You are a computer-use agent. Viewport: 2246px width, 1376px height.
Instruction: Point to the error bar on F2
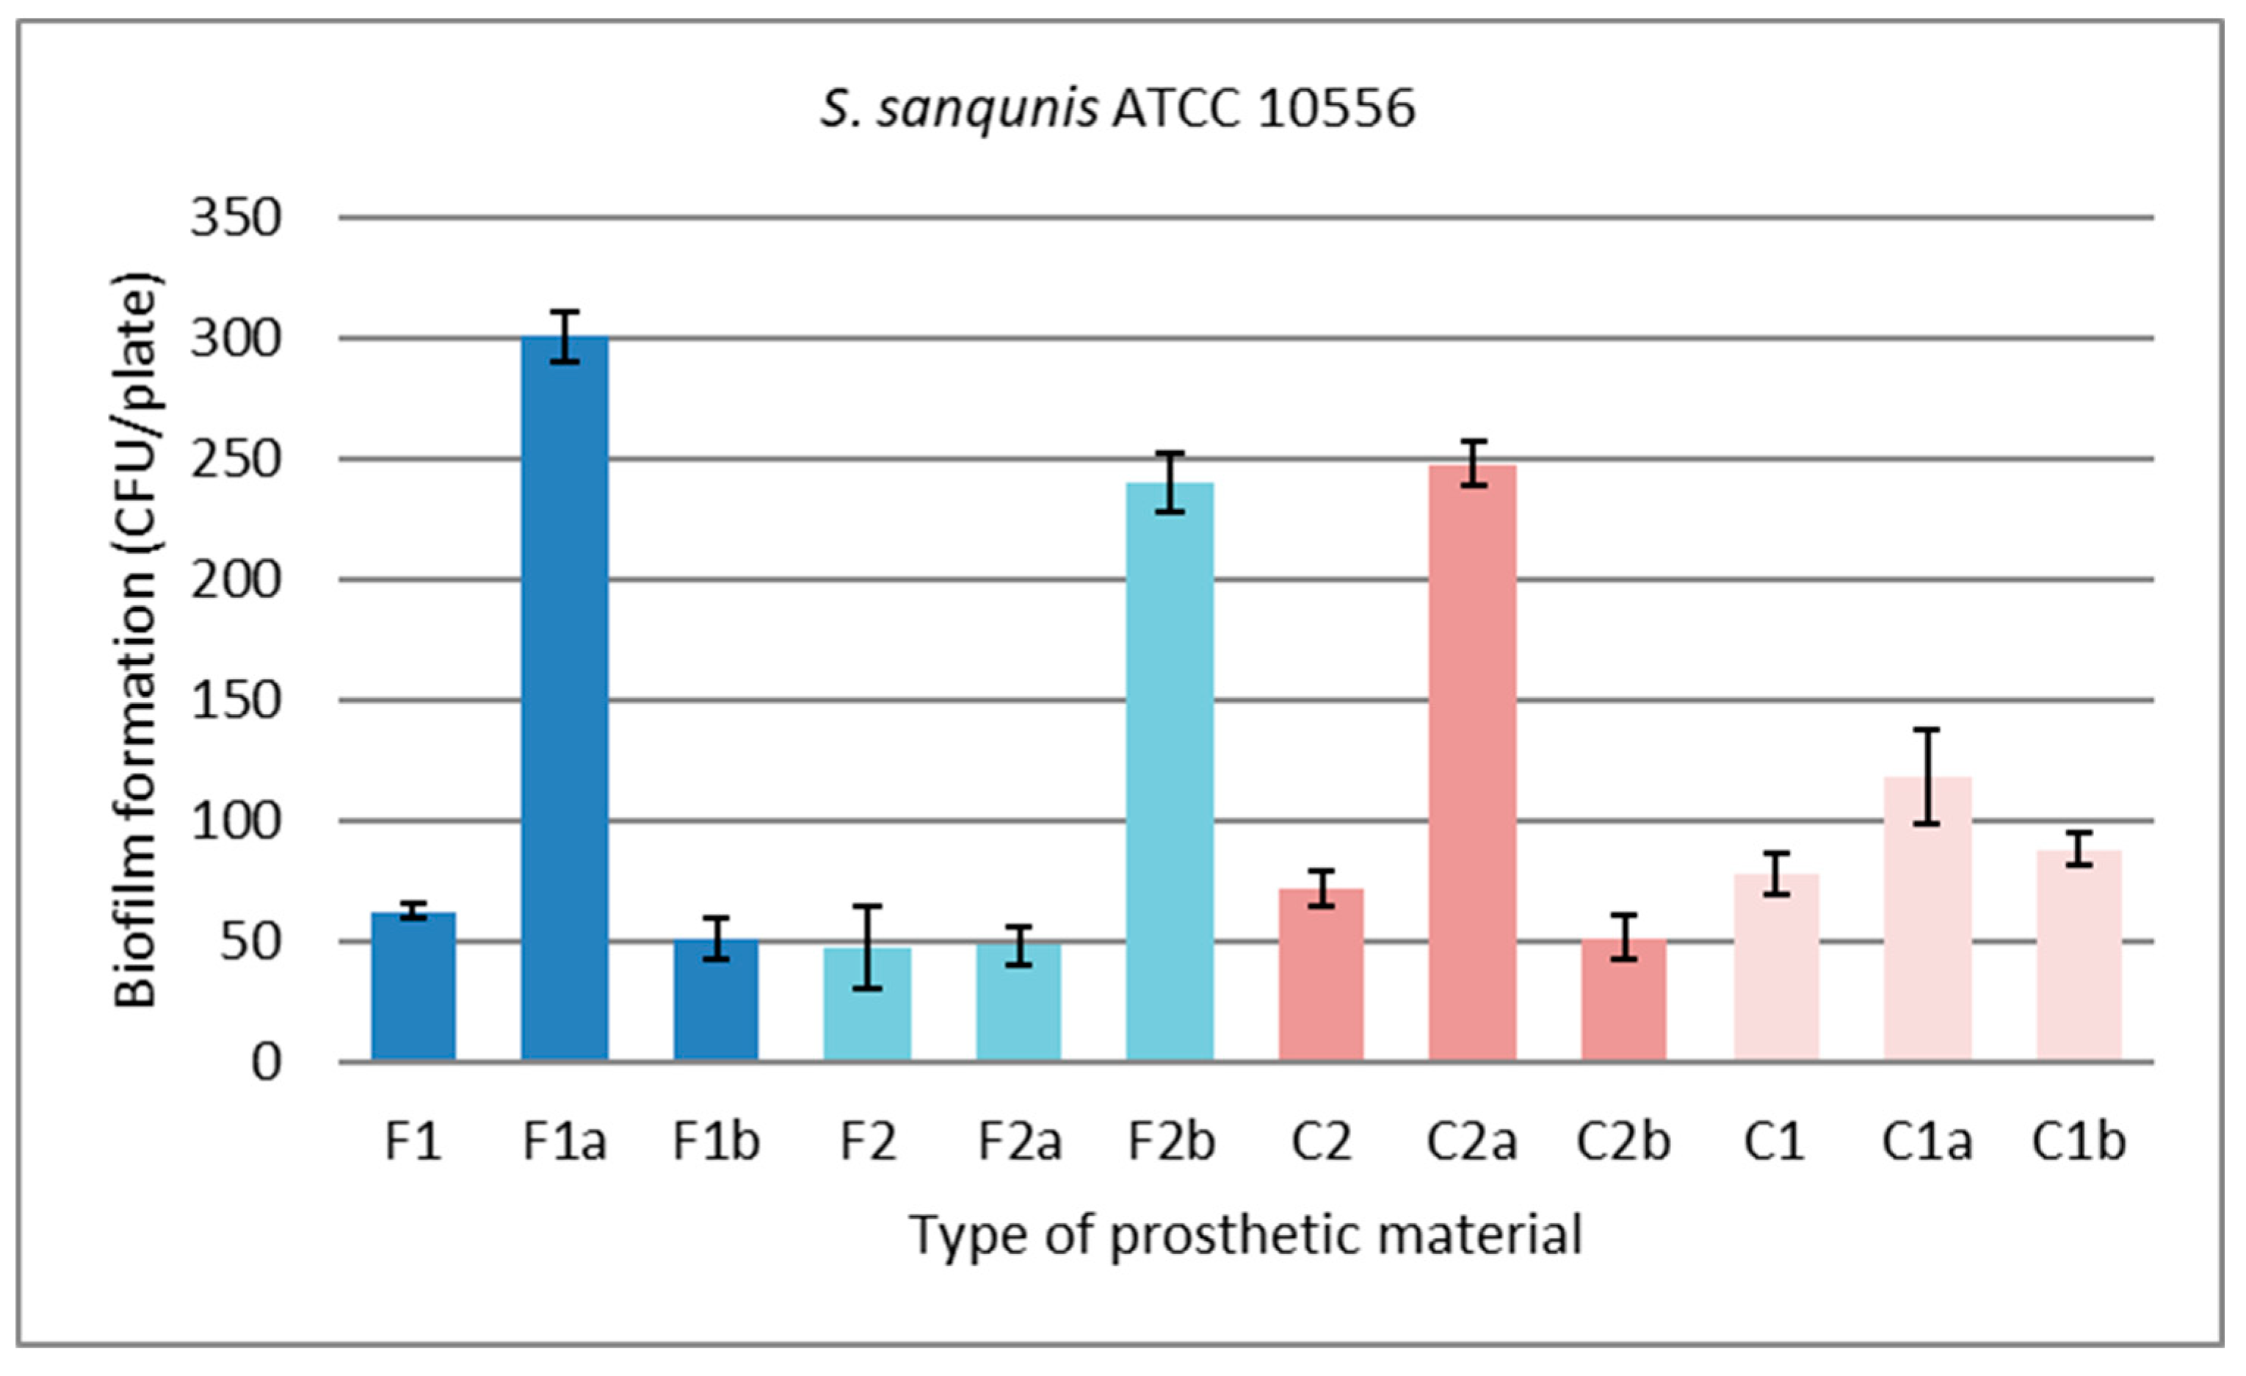pos(867,948)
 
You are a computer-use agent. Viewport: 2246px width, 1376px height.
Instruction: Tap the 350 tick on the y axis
pos(235,219)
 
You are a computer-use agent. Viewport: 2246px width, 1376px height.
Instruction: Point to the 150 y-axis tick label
pos(235,701)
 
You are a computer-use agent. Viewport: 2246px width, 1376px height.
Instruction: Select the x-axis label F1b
pos(716,1142)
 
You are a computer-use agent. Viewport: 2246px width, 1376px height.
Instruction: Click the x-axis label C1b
pos(2079,1142)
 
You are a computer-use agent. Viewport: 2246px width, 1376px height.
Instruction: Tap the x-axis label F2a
pos(1019,1142)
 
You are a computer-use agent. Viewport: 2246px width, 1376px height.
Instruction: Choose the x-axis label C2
pos(1321,1142)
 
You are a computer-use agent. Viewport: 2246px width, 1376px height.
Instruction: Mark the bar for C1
pos(1775,967)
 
